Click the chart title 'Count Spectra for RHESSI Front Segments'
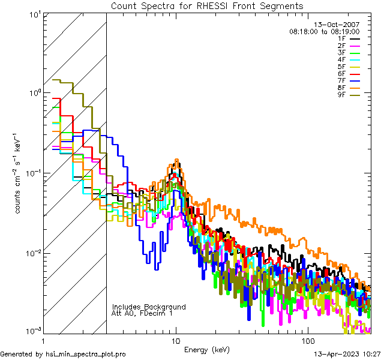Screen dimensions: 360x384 pyautogui.click(x=207, y=5)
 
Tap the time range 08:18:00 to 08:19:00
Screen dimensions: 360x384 pyautogui.click(x=324, y=31)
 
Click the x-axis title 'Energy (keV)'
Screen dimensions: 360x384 pyautogui.click(x=207, y=350)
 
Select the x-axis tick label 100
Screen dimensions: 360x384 pyautogui.click(x=307, y=340)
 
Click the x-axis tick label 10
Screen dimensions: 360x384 pyautogui.click(x=175, y=340)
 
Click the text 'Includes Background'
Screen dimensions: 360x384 pyautogui.click(x=149, y=307)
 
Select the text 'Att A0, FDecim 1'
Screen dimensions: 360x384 pyautogui.click(x=142, y=313)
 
